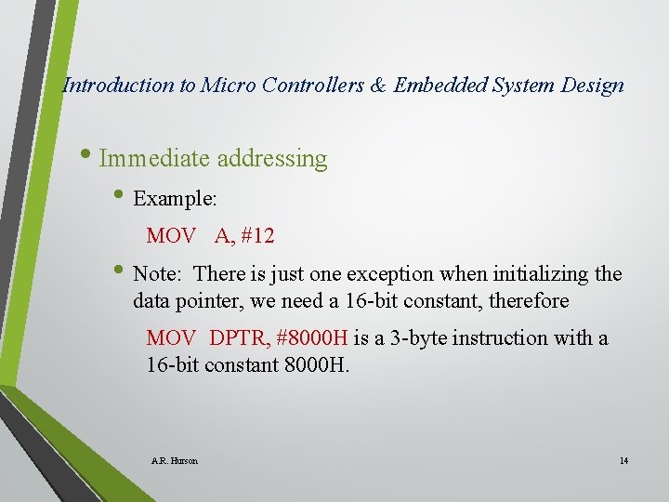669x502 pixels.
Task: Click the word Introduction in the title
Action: pos(117,86)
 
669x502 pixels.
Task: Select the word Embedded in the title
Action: pos(436,86)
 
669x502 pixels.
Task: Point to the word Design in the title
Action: pos(593,86)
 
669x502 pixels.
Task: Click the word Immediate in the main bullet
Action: pos(155,159)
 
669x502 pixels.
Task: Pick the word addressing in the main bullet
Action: pos(272,159)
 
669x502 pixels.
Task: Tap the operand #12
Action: pos(257,236)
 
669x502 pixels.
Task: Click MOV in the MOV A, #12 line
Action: pos(171,236)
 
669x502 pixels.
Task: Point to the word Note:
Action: pos(161,275)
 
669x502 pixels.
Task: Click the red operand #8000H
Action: pos(311,338)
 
